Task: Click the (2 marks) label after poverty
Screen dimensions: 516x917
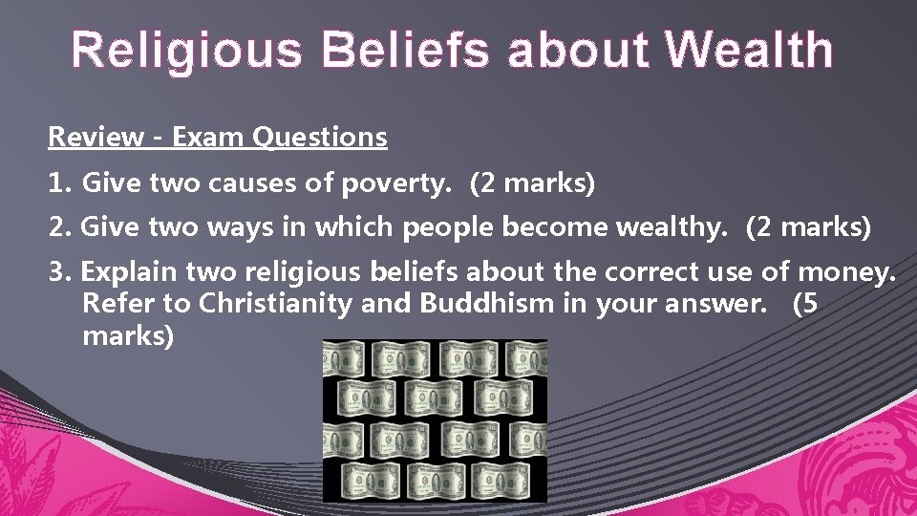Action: pos(532,183)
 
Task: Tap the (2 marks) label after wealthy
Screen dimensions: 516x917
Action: pos(808,227)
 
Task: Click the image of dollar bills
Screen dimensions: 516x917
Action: pos(435,420)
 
